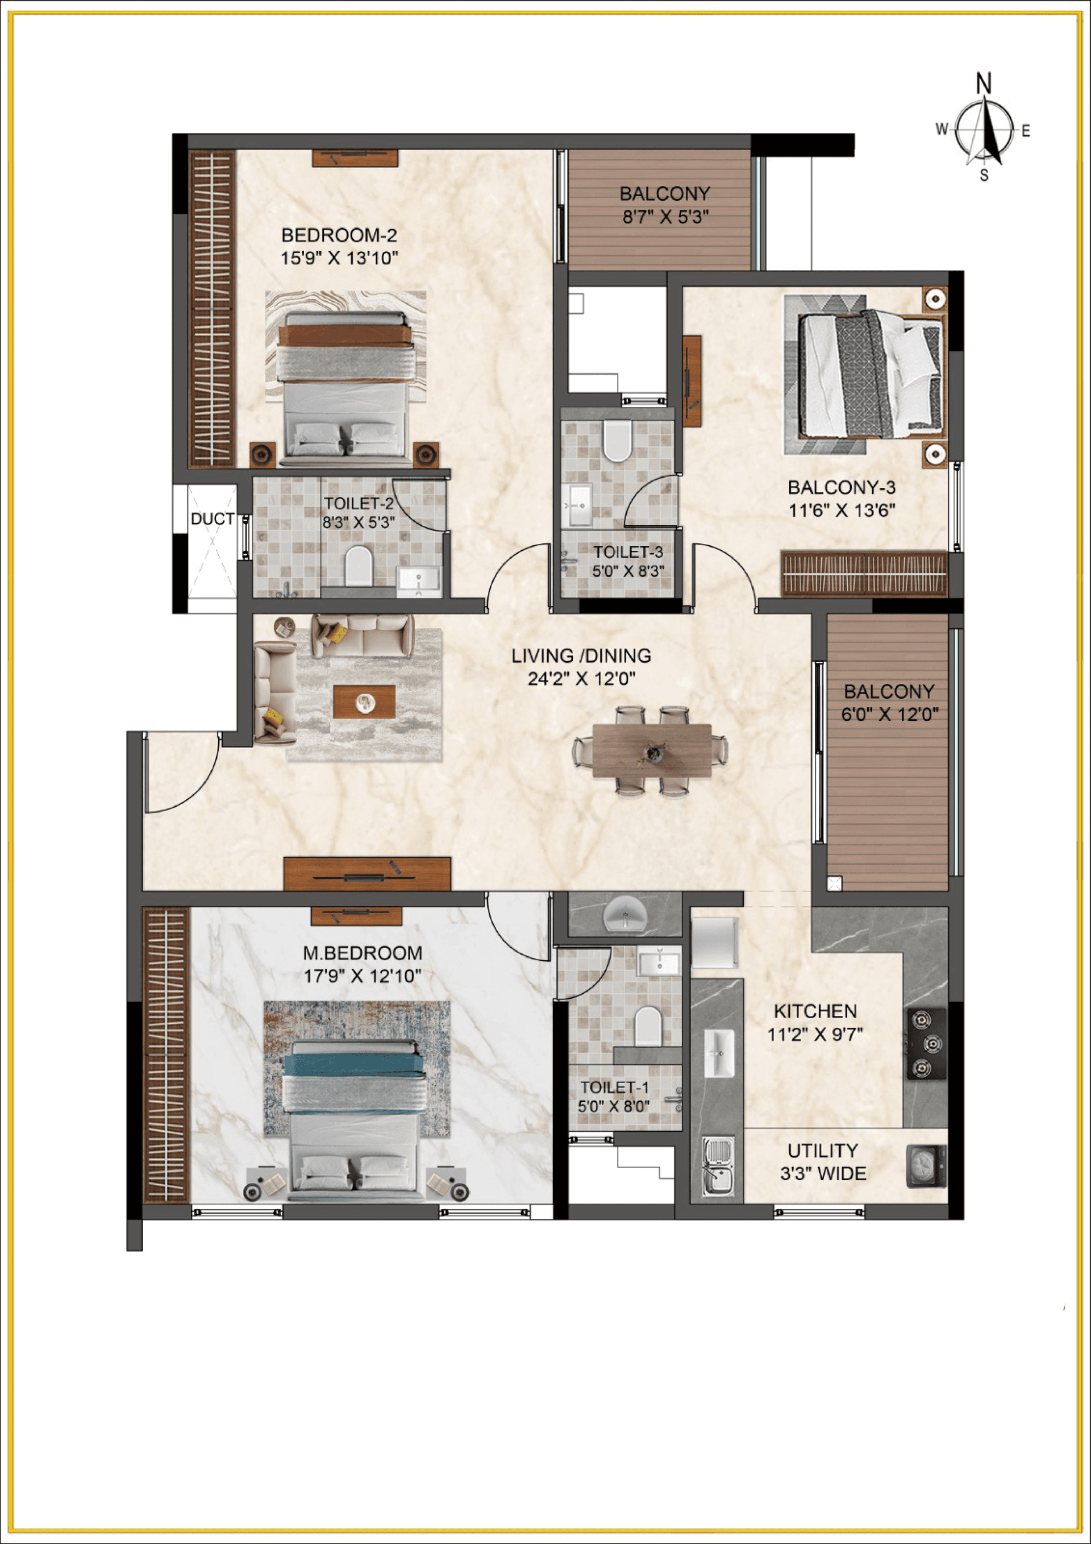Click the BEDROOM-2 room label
point(339,235)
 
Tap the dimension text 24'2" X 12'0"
point(581,679)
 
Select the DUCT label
point(213,519)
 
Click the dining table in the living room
point(651,750)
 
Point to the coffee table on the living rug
point(364,702)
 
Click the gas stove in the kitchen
point(926,1043)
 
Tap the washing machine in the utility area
point(925,1165)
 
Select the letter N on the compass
point(984,84)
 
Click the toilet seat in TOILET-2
point(359,566)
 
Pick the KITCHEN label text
point(815,1011)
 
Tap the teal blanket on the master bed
point(353,1064)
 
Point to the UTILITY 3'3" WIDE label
point(822,1161)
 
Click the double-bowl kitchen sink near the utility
point(718,1165)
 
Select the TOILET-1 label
point(614,1088)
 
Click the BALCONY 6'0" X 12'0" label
point(889,703)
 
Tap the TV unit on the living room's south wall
point(367,874)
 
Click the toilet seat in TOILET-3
point(617,441)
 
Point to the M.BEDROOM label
point(363,953)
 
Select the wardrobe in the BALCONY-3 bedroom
point(864,574)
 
